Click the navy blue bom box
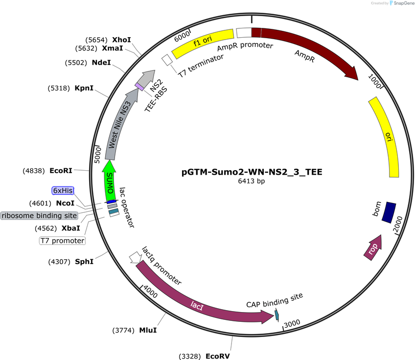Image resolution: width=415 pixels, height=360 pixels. pos(389,212)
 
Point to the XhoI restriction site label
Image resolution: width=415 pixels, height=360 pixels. pos(121,40)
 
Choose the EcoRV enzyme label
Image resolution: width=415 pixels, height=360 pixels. pos(218,356)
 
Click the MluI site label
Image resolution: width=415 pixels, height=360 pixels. pos(148,330)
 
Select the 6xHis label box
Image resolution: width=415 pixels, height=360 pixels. pos(63,190)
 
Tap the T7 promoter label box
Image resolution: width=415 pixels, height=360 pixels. pos(63,241)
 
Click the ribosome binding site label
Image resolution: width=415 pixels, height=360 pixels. pos(39,216)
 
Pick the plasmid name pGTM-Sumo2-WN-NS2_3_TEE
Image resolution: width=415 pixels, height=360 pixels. pos(252,172)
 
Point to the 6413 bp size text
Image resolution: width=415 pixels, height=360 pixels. pos(252,181)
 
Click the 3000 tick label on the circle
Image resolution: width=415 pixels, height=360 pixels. pos(292,323)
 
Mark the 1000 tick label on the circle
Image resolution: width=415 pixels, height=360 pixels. pos(374,81)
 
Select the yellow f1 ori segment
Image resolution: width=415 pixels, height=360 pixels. pos(203,44)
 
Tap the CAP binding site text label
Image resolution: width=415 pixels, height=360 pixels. pos(275,300)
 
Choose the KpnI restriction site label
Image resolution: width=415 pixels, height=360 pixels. pos(84,88)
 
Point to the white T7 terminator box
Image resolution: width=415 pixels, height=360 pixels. pos(167,60)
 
